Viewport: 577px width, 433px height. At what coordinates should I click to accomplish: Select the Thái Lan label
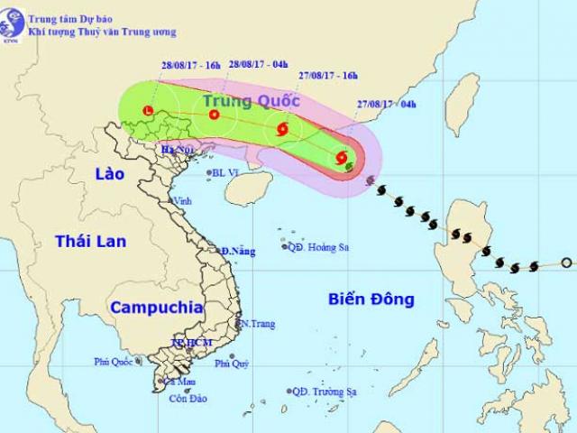(x=90, y=241)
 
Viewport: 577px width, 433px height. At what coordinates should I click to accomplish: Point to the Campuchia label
(x=156, y=307)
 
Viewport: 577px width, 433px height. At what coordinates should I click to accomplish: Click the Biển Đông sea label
(x=370, y=299)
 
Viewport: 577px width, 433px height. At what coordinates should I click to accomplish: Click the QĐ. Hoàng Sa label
(x=319, y=246)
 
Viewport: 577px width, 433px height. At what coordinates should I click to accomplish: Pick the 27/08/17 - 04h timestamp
(x=385, y=104)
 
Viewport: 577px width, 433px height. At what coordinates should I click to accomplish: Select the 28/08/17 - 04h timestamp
(x=259, y=63)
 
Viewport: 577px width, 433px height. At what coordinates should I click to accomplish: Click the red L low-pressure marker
(x=149, y=112)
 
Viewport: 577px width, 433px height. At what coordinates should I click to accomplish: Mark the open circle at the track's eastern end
(x=565, y=263)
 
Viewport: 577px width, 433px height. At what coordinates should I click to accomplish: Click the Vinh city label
(x=183, y=200)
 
